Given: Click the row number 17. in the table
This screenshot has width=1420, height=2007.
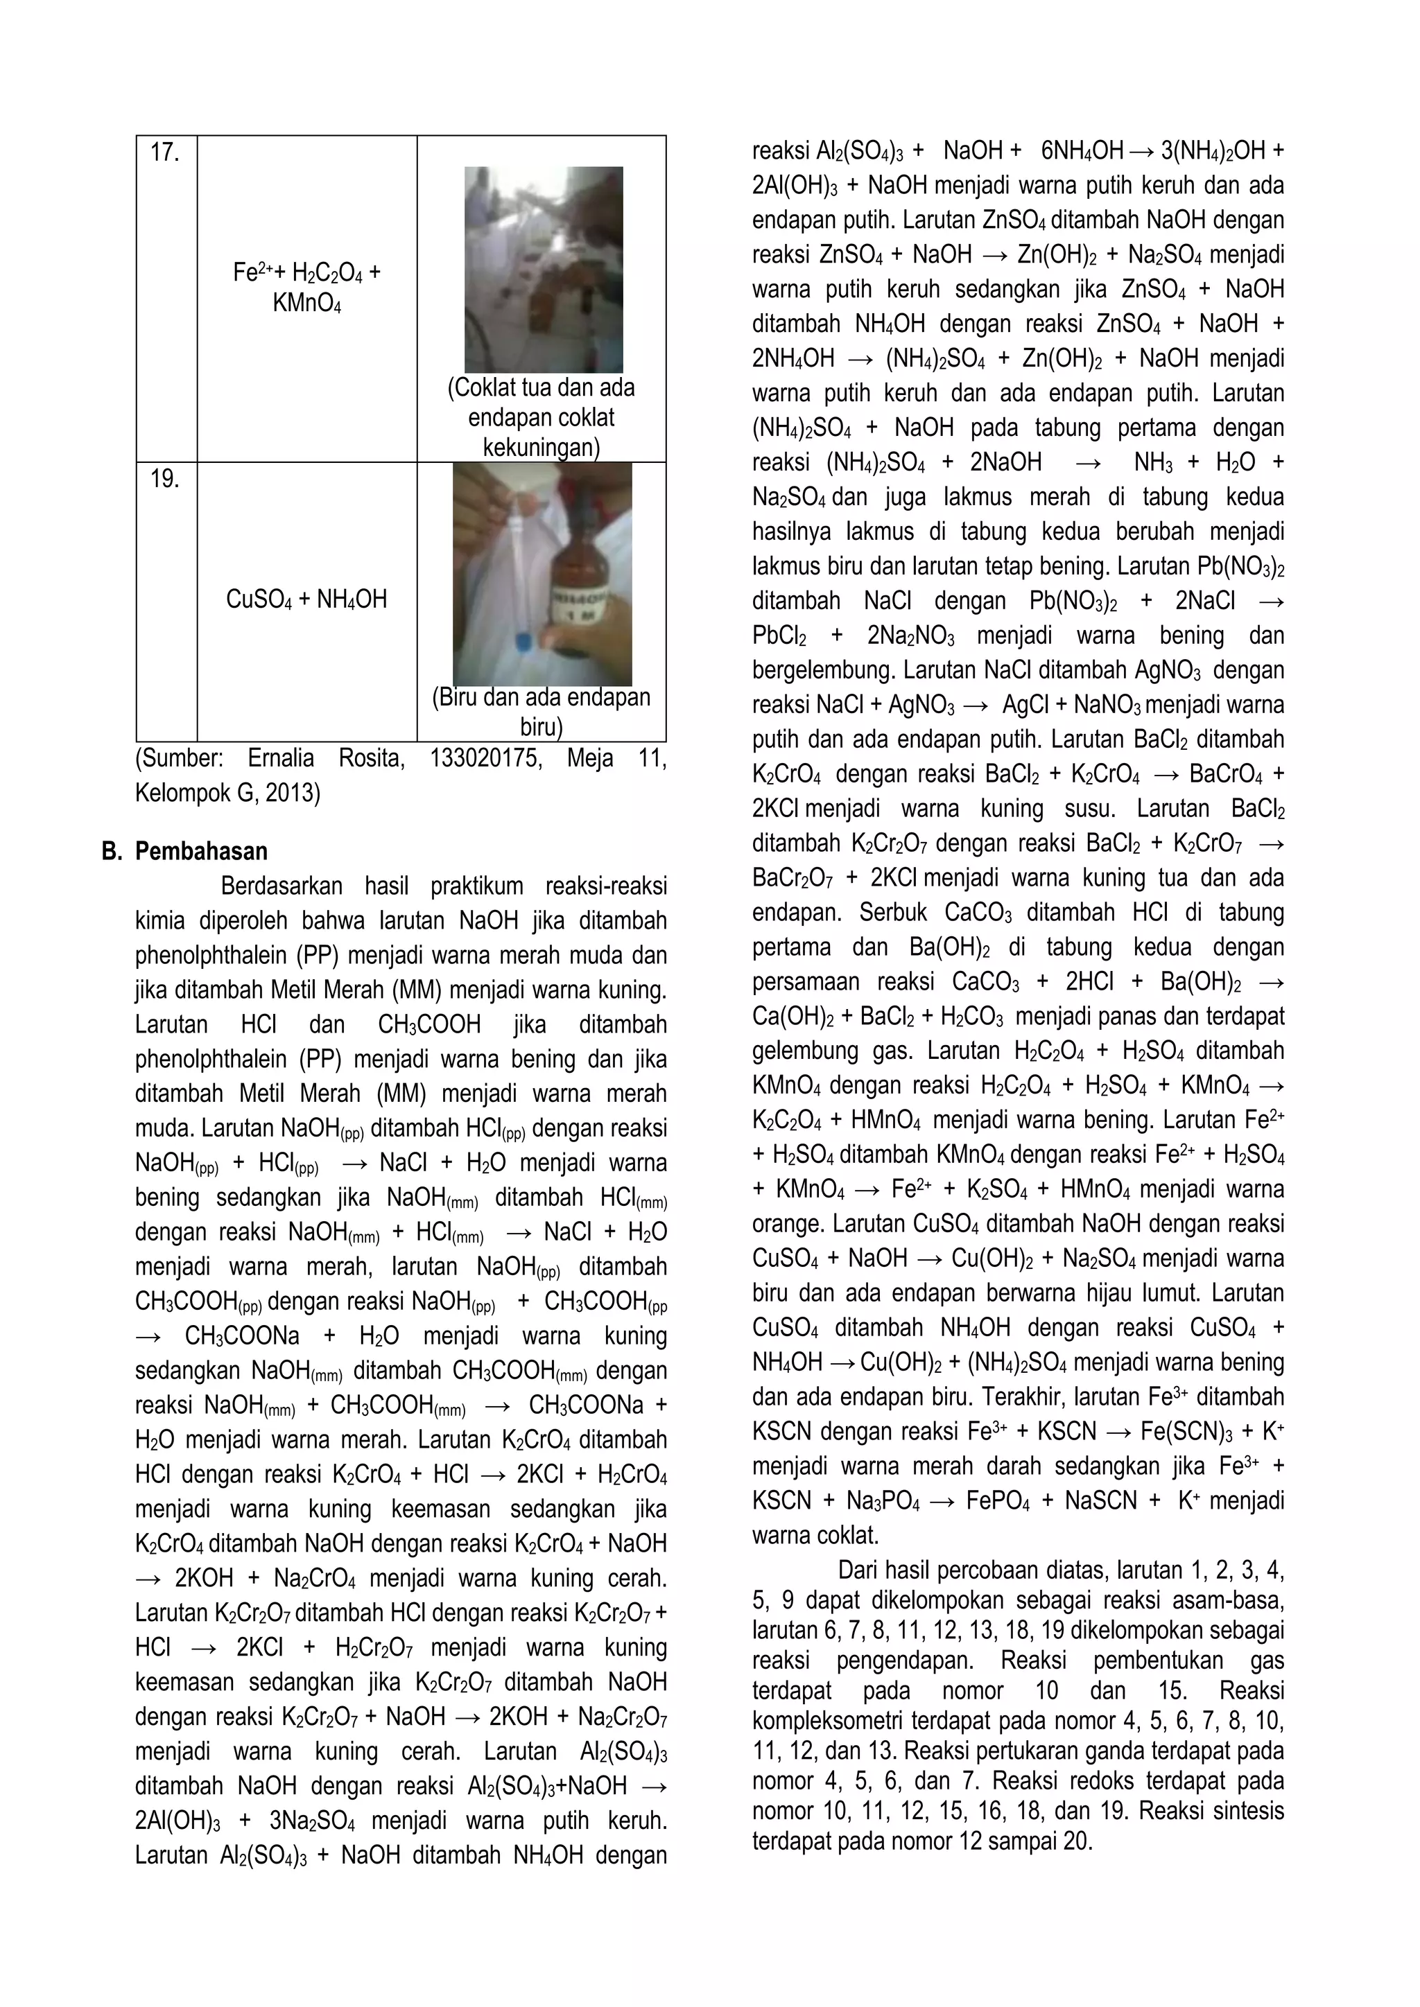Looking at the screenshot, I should (164, 153).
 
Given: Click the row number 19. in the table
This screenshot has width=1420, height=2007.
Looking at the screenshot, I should (164, 479).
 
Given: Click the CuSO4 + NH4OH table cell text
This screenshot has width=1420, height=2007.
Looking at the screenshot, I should (306, 599).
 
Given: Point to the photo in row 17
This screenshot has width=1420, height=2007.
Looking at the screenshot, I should (543, 269).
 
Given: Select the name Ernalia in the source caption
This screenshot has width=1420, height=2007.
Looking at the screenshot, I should (284, 759).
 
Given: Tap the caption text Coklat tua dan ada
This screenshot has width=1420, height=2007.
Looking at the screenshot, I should (542, 388).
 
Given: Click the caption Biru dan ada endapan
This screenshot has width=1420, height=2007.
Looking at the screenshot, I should (542, 698).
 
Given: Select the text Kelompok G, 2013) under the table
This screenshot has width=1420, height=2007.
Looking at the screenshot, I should (227, 794).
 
